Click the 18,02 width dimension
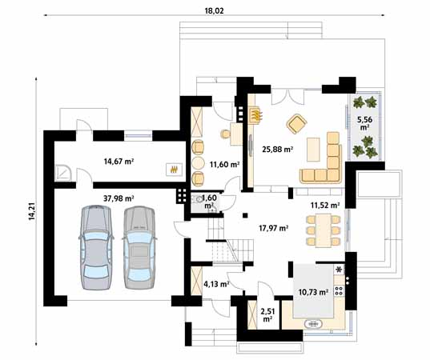coord(214,10)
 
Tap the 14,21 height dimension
coord(32,211)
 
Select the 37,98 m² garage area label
coord(119,198)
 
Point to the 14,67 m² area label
coord(119,162)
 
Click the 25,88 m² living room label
coord(278,150)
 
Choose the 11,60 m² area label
coord(224,164)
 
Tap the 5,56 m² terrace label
coord(364,123)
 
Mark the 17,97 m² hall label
coord(273,228)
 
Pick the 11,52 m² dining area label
coord(325,205)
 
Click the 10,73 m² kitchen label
coord(313,292)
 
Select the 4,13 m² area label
coord(216,284)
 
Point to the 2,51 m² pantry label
coord(267,315)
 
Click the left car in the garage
coord(96,247)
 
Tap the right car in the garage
coord(139,247)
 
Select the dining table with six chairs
coord(324,230)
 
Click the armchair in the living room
coord(296,124)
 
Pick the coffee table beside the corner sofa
coord(313,150)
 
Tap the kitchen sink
coord(313,324)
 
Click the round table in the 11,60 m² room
coord(198,163)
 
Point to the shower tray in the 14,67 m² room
coord(63,172)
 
